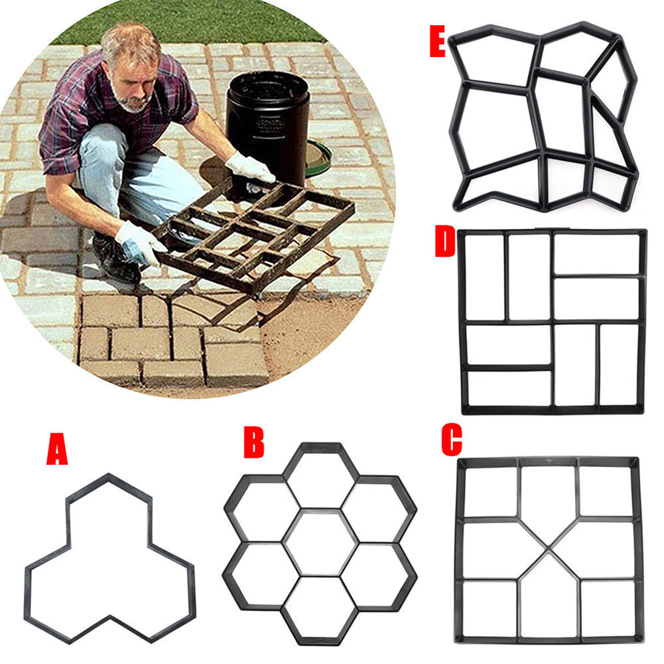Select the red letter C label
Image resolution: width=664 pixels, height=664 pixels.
(x=452, y=440)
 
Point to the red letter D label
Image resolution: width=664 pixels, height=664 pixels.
(x=444, y=242)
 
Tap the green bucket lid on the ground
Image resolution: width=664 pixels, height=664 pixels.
(x=320, y=159)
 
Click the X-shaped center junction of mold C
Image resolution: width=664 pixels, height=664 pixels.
(x=548, y=549)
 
